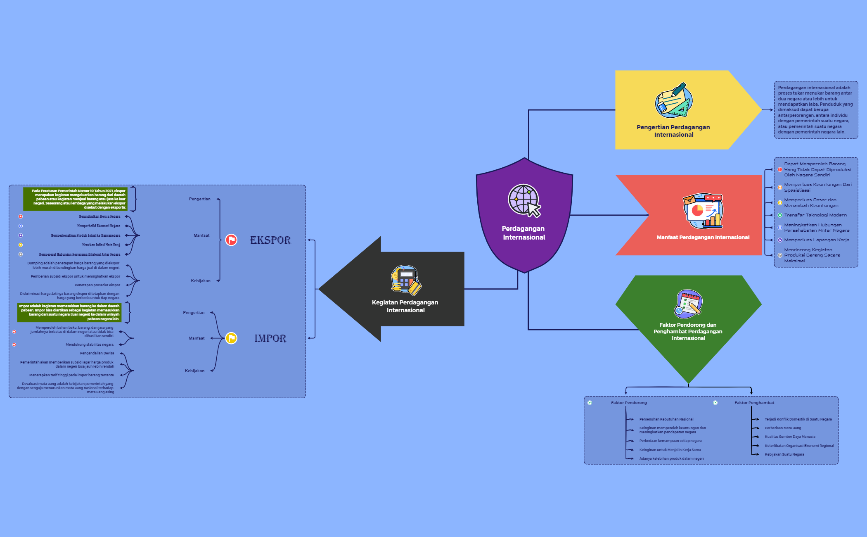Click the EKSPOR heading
[x=270, y=240]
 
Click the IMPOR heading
[x=270, y=338]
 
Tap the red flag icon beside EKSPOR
[x=231, y=240]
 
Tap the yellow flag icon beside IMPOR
[x=231, y=338]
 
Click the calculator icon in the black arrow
[x=406, y=280]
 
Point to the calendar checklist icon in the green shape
[x=688, y=304]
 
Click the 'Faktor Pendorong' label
[x=629, y=403]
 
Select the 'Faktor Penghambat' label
[x=754, y=403]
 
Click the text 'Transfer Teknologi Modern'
[x=815, y=215]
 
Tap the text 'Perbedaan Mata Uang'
[x=783, y=428]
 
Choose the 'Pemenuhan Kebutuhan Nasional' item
[x=666, y=419]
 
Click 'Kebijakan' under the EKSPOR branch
[x=201, y=281]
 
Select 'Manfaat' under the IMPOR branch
[x=197, y=338]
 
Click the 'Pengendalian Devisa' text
[x=97, y=353]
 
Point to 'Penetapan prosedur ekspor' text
[x=97, y=285]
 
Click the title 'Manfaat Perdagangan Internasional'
[x=703, y=238]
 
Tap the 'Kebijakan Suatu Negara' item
[x=784, y=454]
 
